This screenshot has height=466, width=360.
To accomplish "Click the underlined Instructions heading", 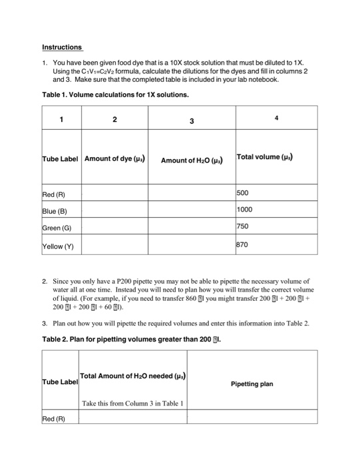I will (x=62, y=47).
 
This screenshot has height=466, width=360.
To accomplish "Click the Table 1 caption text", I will (x=115, y=95).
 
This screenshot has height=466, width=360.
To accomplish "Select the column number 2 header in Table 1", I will (x=114, y=120).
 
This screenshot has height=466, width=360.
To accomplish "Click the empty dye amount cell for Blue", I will (x=114, y=210).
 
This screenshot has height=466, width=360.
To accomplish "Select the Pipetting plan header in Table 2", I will (x=252, y=384).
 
